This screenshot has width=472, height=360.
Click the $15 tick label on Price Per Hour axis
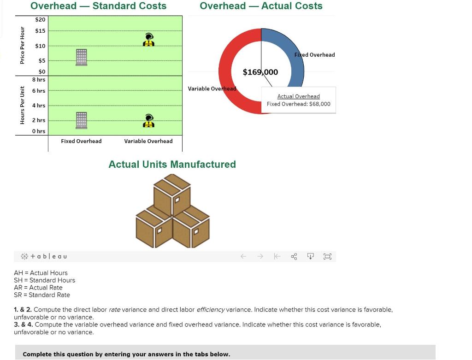pos(40,31)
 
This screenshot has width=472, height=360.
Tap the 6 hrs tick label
pos(39,91)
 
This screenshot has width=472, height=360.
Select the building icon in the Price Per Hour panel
pos(82,57)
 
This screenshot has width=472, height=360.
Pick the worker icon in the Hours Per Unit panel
pos(149,121)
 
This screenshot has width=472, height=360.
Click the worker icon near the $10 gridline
pos(149,40)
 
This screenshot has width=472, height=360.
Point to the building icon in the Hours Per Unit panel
pos(82,120)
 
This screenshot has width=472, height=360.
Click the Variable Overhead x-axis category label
pos(148,141)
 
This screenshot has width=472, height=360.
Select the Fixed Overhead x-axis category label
pos(81,141)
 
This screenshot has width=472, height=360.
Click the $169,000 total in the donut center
pos(260,72)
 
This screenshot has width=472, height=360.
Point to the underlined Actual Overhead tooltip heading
pos(298,96)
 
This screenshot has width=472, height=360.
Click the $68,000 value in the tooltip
pos(320,104)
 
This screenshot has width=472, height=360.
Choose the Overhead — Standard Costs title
pos(99,6)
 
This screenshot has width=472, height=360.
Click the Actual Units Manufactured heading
pos(172,165)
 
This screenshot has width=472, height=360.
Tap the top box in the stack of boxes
pos(172,194)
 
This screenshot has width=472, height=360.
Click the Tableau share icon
pos(294,256)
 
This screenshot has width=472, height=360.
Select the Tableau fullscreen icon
pos(327,256)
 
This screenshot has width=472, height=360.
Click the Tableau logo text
pos(44,256)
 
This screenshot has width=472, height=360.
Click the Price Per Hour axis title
pos(22,45)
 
